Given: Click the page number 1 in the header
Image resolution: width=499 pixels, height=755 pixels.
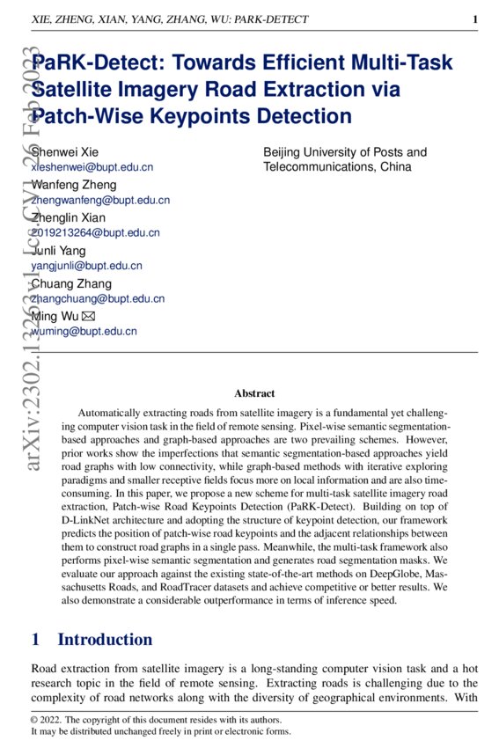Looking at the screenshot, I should pyautogui.click(x=474, y=19).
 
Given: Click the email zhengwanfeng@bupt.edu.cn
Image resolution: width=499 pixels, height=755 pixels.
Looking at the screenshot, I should pyautogui.click(x=100, y=200).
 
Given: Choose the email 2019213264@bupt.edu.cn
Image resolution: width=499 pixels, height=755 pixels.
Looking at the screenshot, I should pyautogui.click(x=95, y=233).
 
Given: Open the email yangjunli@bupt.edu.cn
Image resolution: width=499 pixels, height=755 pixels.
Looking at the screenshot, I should pyautogui.click(x=86, y=266).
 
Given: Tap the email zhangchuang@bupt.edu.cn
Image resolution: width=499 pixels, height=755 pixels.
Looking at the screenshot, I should pyautogui.click(x=98, y=299).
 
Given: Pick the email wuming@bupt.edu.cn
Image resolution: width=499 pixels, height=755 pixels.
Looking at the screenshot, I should pyautogui.click(x=84, y=332).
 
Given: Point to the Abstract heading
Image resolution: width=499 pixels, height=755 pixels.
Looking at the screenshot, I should pyautogui.click(x=254, y=393).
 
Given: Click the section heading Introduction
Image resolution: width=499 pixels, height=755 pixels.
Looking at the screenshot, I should pyautogui.click(x=105, y=639).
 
